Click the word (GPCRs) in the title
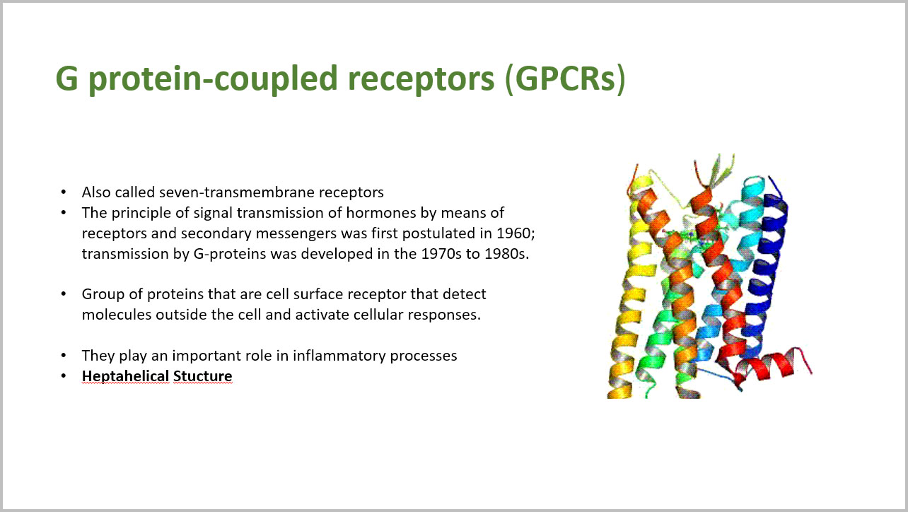(566, 78)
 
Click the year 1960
(516, 233)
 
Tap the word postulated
(446, 234)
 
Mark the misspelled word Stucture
(203, 376)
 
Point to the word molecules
(117, 315)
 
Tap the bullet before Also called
(63, 192)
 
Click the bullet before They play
(63, 356)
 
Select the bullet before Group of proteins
(63, 294)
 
